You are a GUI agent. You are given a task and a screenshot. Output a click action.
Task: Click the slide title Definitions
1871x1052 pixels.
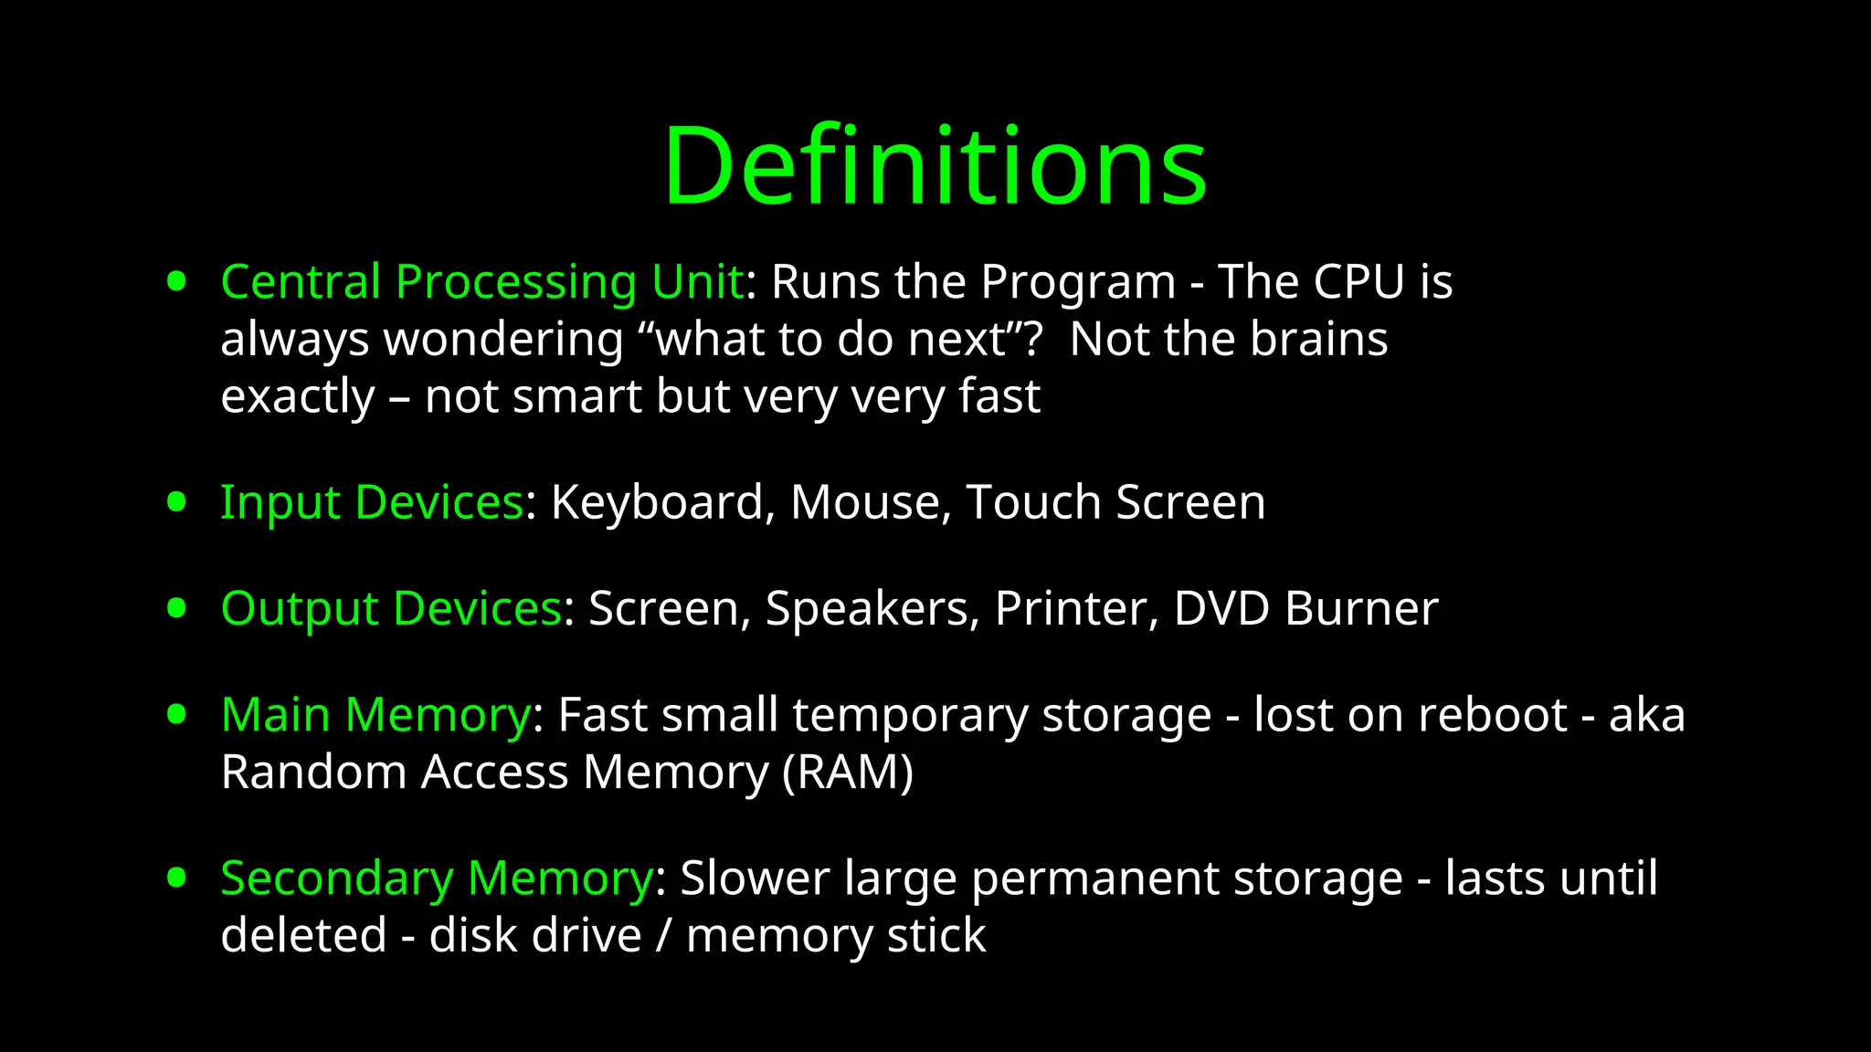(935, 166)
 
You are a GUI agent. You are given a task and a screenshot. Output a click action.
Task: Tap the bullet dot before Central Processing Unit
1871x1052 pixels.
(177, 281)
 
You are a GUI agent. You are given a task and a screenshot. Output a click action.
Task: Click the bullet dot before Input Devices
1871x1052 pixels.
(177, 501)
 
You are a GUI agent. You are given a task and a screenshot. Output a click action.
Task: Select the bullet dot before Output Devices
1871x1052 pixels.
(177, 608)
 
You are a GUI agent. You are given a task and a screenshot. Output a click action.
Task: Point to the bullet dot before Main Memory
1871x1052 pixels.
(177, 714)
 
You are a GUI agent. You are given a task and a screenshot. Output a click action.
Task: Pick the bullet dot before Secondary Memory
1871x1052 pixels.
(177, 878)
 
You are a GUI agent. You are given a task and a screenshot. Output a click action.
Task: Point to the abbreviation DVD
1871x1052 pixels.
(1221, 609)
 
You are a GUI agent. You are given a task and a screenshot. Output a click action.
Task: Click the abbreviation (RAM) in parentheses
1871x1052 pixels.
(848, 773)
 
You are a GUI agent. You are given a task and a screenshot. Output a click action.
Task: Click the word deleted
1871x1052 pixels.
(304, 936)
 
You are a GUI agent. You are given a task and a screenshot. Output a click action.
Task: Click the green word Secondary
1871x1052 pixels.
(337, 879)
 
